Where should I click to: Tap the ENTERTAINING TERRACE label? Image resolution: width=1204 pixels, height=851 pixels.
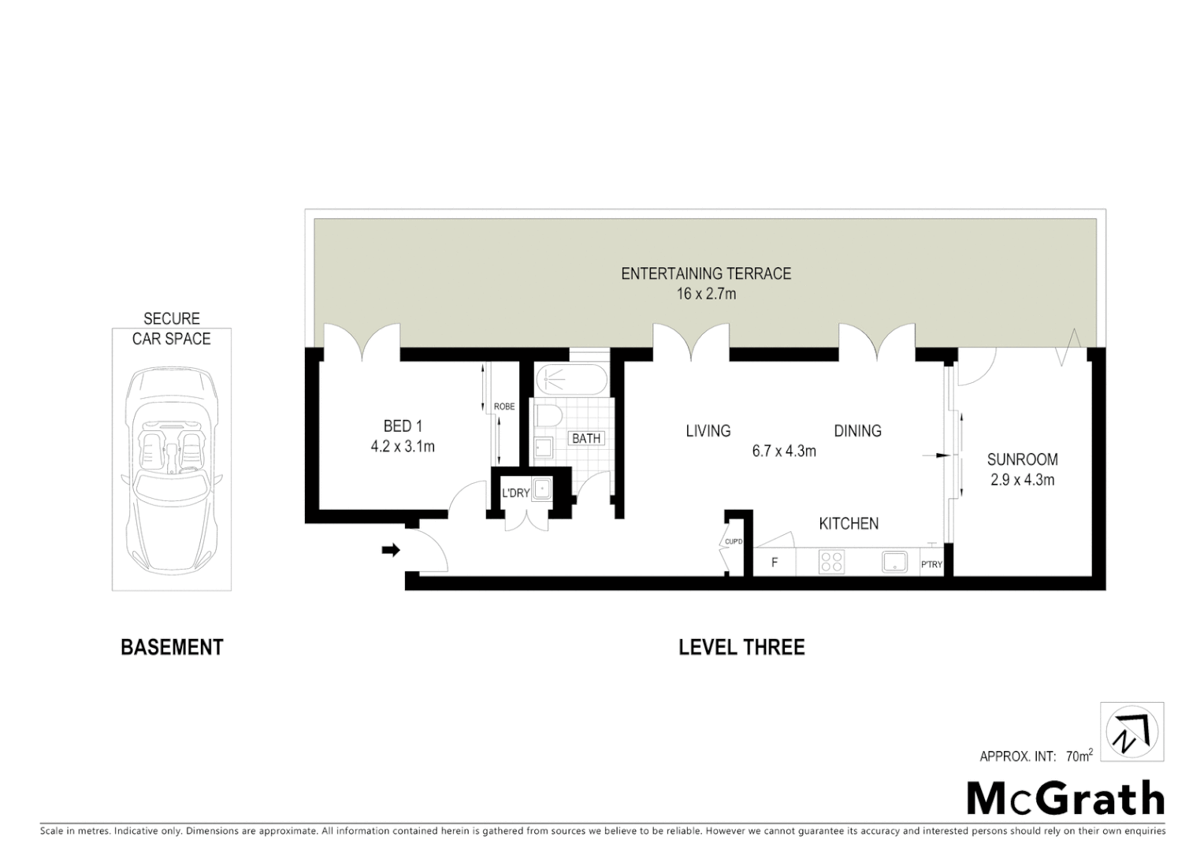click(705, 274)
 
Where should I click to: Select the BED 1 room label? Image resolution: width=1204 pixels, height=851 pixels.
click(403, 426)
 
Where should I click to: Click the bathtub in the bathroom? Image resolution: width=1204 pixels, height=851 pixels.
click(571, 381)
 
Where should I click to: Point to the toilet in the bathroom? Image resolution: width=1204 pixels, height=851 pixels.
click(550, 415)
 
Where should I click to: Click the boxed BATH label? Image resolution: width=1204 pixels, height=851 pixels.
click(586, 438)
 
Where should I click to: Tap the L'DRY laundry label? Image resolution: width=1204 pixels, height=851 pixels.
click(515, 493)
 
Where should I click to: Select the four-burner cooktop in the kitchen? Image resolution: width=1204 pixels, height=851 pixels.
click(832, 562)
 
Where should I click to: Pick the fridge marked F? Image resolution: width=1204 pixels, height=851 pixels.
click(775, 563)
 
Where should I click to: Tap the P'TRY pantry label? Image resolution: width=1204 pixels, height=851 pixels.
click(931, 564)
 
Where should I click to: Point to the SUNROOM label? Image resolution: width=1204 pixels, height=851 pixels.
click(1022, 459)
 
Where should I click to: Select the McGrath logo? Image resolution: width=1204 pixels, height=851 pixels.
click(1065, 799)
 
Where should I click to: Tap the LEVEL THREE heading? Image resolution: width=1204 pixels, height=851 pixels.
click(741, 648)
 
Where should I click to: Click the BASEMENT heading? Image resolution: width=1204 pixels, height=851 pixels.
click(172, 648)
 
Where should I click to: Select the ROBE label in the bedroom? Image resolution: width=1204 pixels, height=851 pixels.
click(504, 407)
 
